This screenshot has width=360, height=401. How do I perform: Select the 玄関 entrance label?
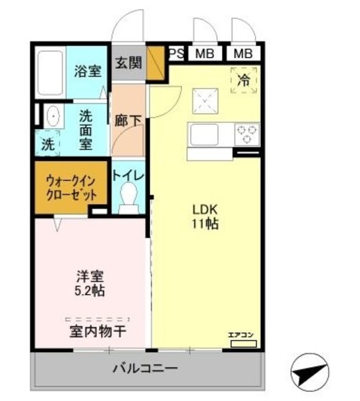point(129,62)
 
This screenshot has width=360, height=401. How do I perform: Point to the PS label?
point(176,53)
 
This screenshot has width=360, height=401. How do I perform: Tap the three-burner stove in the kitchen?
point(246,133)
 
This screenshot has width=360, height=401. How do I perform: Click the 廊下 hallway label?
point(128,121)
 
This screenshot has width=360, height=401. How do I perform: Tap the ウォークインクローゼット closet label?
point(71,187)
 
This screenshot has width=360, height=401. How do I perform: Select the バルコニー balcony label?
point(145,368)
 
